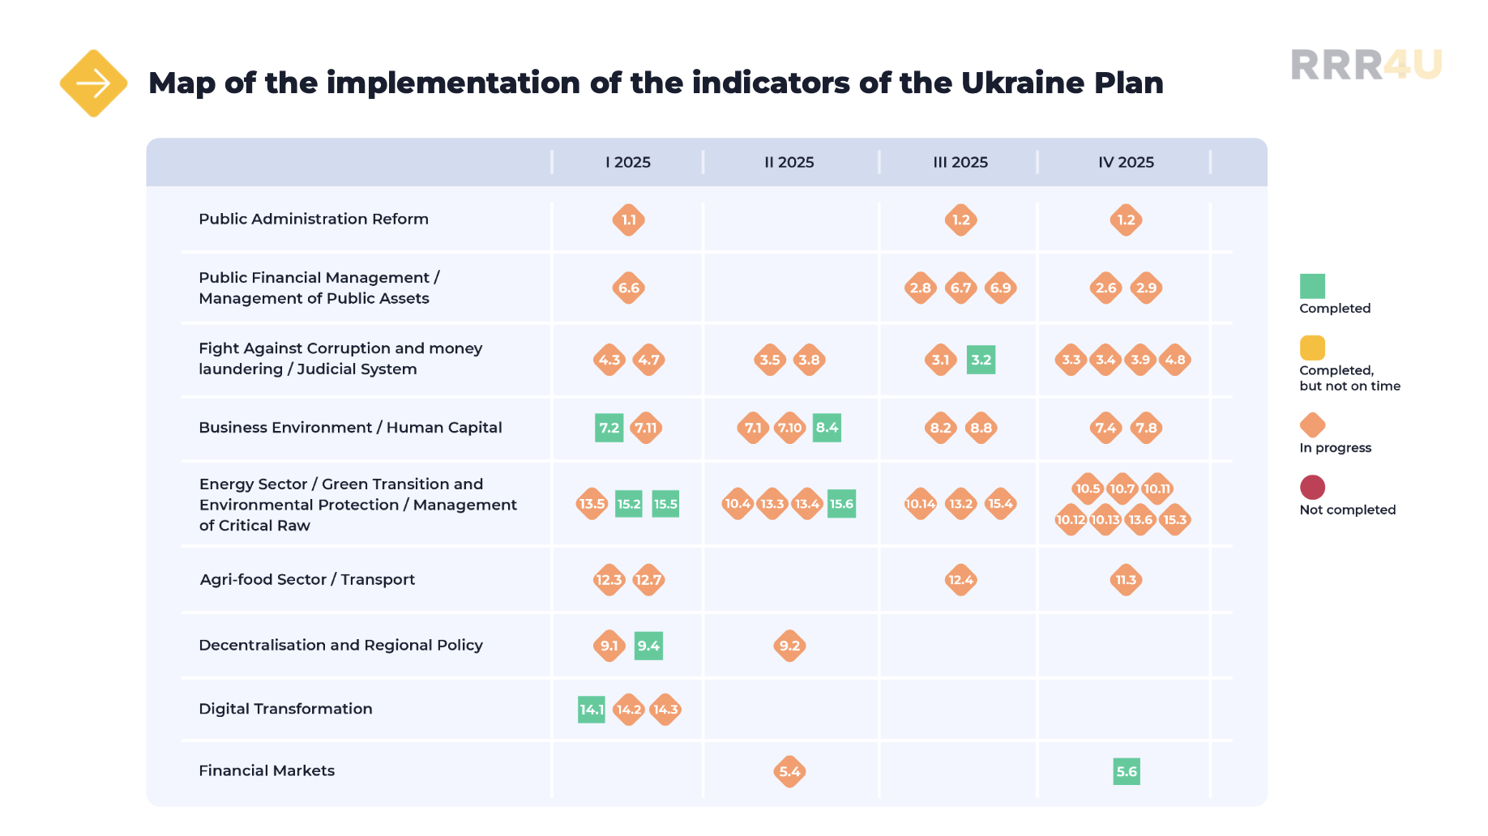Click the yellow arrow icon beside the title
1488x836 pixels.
[93, 83]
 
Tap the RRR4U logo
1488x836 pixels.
[1366, 65]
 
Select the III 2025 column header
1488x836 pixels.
[960, 162]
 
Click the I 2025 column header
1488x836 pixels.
[628, 162]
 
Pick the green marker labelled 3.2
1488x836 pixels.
[981, 360]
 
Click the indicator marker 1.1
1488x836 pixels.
[629, 220]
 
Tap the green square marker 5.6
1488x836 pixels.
[1127, 772]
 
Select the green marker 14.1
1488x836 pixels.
[592, 710]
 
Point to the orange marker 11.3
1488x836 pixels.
[1127, 580]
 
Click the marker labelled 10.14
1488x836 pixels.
[921, 504]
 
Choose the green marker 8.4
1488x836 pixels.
[827, 428]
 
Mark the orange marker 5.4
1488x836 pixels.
[789, 772]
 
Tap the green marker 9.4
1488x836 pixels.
[648, 646]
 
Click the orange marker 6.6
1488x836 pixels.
[629, 288]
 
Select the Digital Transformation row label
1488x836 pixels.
[285, 709]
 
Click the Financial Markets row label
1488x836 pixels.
[267, 770]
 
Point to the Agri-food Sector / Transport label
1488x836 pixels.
[307, 579]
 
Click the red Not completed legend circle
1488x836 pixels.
[1312, 487]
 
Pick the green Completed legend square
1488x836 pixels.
[1312, 286]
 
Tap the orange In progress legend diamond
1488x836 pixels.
[1312, 425]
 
